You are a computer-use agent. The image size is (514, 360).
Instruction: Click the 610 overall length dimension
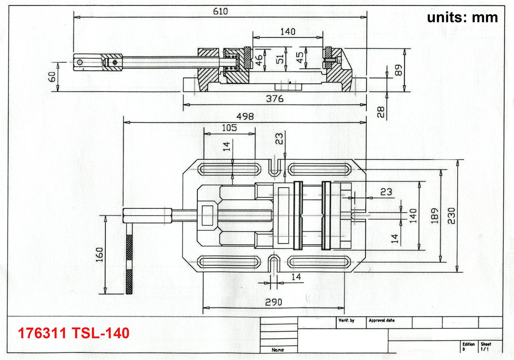point(220,11)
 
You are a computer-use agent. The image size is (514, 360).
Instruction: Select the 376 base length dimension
point(275,99)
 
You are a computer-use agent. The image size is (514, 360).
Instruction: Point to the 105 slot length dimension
point(229,128)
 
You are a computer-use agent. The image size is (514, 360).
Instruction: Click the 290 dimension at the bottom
point(274,302)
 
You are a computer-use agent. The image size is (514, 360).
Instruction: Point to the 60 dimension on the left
point(52,76)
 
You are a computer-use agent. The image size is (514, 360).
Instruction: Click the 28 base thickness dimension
point(381,112)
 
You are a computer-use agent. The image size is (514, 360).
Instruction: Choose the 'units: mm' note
point(462,17)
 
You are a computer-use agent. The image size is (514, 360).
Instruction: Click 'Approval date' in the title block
point(381,321)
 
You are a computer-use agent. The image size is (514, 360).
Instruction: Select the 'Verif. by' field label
point(346,321)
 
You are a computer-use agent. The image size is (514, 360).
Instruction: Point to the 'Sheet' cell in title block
point(486,344)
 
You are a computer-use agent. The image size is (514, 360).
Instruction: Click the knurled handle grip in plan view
point(129,263)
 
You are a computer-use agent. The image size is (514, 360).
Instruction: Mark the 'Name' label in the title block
point(278,350)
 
